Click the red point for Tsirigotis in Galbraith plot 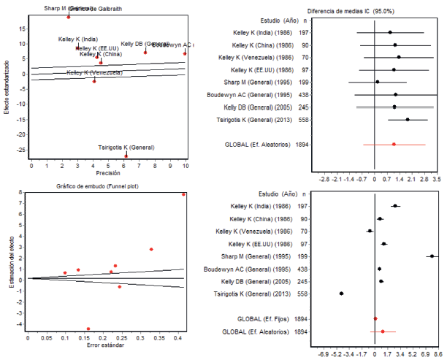[x=126, y=155]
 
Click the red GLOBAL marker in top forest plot [x=394, y=145]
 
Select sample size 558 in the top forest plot [x=302, y=120]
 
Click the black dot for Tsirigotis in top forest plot [x=408, y=120]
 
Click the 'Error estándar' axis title [x=104, y=345]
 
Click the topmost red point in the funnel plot [x=183, y=194]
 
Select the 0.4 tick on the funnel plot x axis [x=177, y=338]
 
